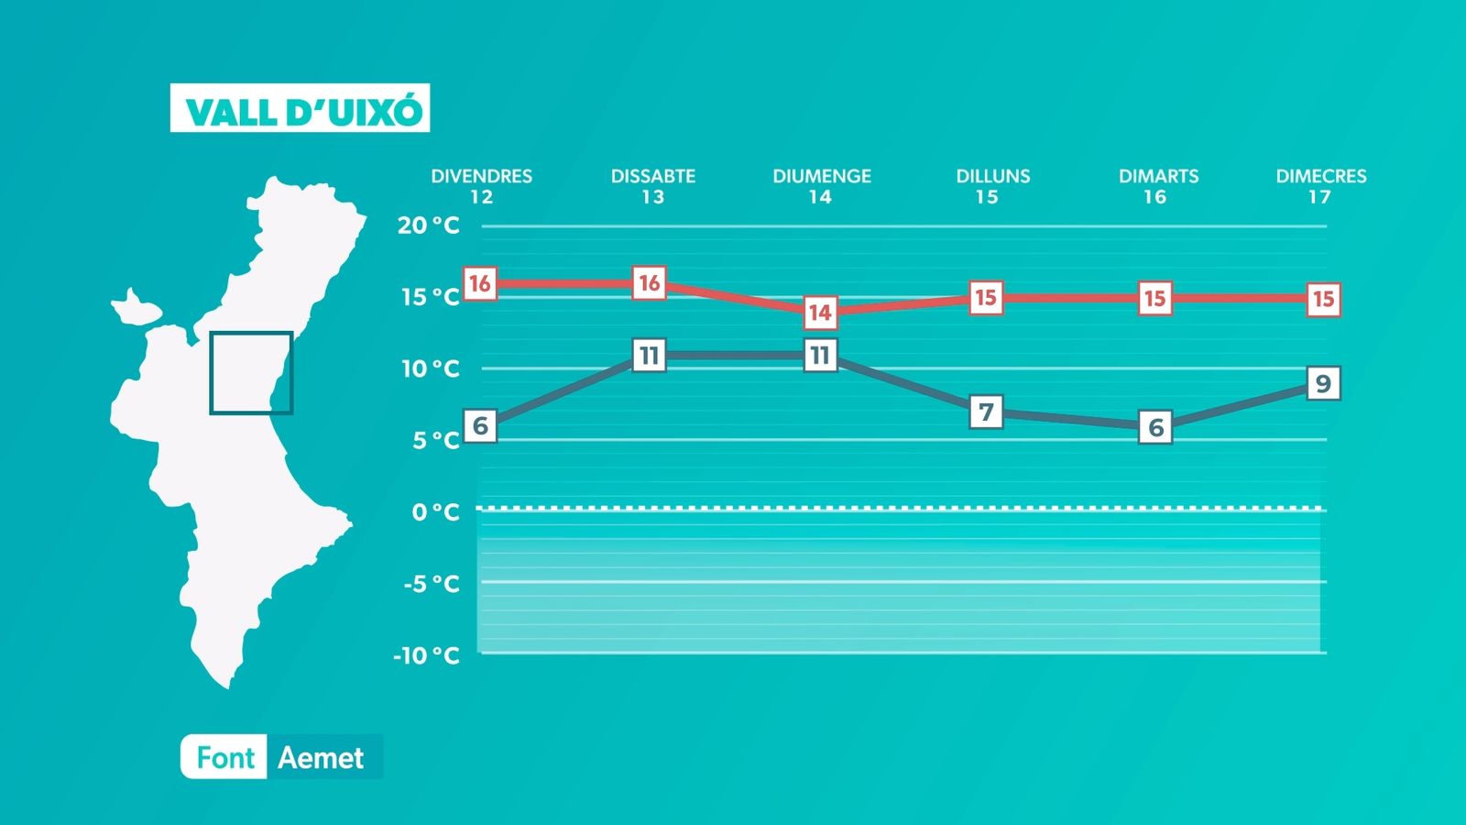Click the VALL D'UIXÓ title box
pyautogui.click(x=300, y=108)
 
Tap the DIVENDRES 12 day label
pyautogui.click(x=482, y=186)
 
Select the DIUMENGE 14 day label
pyautogui.click(x=821, y=186)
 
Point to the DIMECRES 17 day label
pyautogui.click(x=1320, y=186)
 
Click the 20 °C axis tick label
pyautogui.click(x=429, y=225)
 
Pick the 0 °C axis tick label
pyautogui.click(x=435, y=511)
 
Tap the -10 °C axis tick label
pyautogui.click(x=426, y=654)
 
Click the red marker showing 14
pyautogui.click(x=820, y=313)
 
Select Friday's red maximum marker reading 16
pyautogui.click(x=480, y=283)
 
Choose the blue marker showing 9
pyautogui.click(x=1323, y=383)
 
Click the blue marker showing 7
pyautogui.click(x=986, y=412)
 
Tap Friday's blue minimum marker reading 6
pyautogui.click(x=480, y=425)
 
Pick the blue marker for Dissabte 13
pyautogui.click(x=650, y=356)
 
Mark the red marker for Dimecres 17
pyautogui.click(x=1323, y=299)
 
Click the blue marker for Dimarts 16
pyautogui.click(x=1154, y=427)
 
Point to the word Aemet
pyautogui.click(x=321, y=757)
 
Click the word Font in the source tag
pyautogui.click(x=225, y=757)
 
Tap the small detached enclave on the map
pyautogui.click(x=137, y=307)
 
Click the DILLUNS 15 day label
pyautogui.click(x=993, y=186)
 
